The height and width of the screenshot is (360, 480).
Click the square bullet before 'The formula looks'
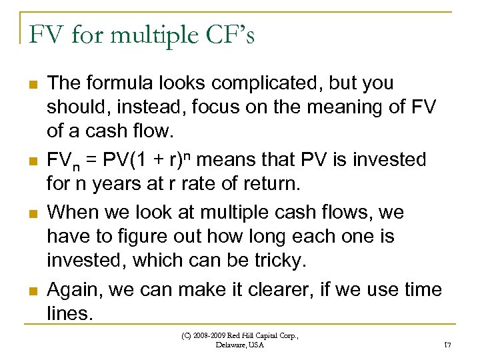(31, 85)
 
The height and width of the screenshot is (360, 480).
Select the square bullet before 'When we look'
(31, 214)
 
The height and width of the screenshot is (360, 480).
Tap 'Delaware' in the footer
(230, 345)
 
